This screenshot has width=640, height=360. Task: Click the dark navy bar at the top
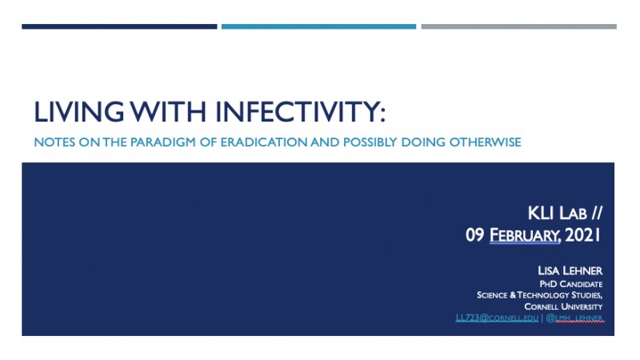pyautogui.click(x=119, y=26)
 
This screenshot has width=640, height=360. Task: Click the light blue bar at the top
pyautogui.click(x=318, y=26)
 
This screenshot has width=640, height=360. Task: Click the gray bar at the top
pyautogui.click(x=518, y=26)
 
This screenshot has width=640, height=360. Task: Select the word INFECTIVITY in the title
pyautogui.click(x=300, y=112)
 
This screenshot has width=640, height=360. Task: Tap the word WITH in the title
pyautogui.click(x=169, y=112)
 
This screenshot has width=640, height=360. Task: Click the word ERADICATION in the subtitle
pyautogui.click(x=264, y=142)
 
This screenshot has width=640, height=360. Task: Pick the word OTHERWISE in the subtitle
pyautogui.click(x=485, y=142)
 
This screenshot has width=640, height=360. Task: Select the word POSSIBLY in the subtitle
pyautogui.click(x=370, y=142)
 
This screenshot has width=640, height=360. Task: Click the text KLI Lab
pyautogui.click(x=557, y=213)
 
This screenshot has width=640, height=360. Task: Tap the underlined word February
pyautogui.click(x=525, y=235)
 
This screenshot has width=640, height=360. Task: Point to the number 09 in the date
pyautogui.click(x=474, y=235)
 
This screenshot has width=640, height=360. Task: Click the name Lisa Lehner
pyautogui.click(x=570, y=270)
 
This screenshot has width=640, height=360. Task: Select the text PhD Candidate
pyautogui.click(x=571, y=284)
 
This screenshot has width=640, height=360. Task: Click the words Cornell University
pyautogui.click(x=563, y=306)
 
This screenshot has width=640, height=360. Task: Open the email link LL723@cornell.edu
pyautogui.click(x=497, y=318)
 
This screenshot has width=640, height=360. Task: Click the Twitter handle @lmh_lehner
pyautogui.click(x=574, y=318)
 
